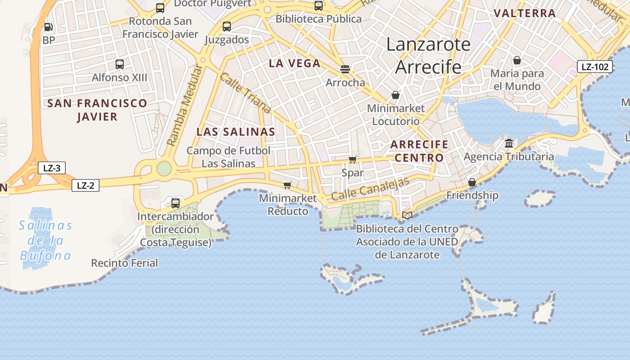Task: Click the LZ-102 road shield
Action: pyautogui.click(x=595, y=67)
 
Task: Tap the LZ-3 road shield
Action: pyautogui.click(x=52, y=168)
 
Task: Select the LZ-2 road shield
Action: pyautogui.click(x=85, y=185)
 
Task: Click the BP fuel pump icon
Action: pyautogui.click(x=49, y=27)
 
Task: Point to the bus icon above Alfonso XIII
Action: pyautogui.click(x=120, y=64)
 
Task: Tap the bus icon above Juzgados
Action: pyautogui.click(x=227, y=27)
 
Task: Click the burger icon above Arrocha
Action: pyautogui.click(x=345, y=69)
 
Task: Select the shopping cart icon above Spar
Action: pyautogui.click(x=353, y=160)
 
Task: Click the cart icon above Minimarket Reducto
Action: pyautogui.click(x=288, y=185)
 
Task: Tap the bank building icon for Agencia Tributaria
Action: pyautogui.click(x=509, y=144)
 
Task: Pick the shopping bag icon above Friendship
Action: pyautogui.click(x=472, y=182)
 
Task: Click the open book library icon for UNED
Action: pyautogui.click(x=407, y=216)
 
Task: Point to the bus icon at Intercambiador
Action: pyautogui.click(x=175, y=203)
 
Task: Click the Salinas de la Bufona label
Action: pyautogui.click(x=45, y=240)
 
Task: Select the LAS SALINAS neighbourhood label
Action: pyautogui.click(x=236, y=132)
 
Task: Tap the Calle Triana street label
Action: pyautogui.click(x=245, y=93)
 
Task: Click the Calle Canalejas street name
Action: pyautogui.click(x=370, y=189)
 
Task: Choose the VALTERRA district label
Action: pyautogui.click(x=525, y=13)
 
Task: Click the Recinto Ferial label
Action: pyautogui.click(x=125, y=263)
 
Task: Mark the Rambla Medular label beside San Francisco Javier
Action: pyautogui.click(x=185, y=105)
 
